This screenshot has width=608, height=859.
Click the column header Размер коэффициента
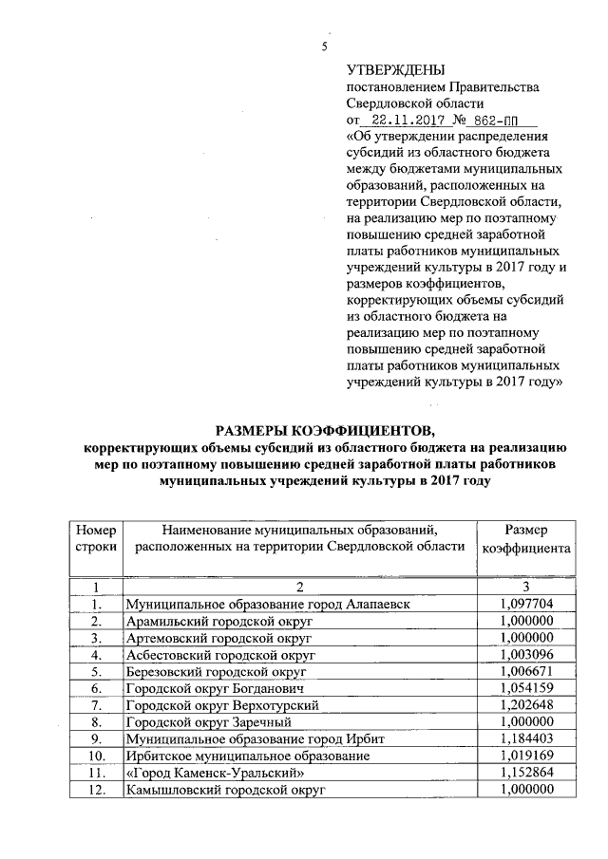coord(525,538)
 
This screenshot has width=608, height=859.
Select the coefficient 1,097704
coord(525,604)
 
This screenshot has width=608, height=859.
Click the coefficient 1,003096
coord(525,654)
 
